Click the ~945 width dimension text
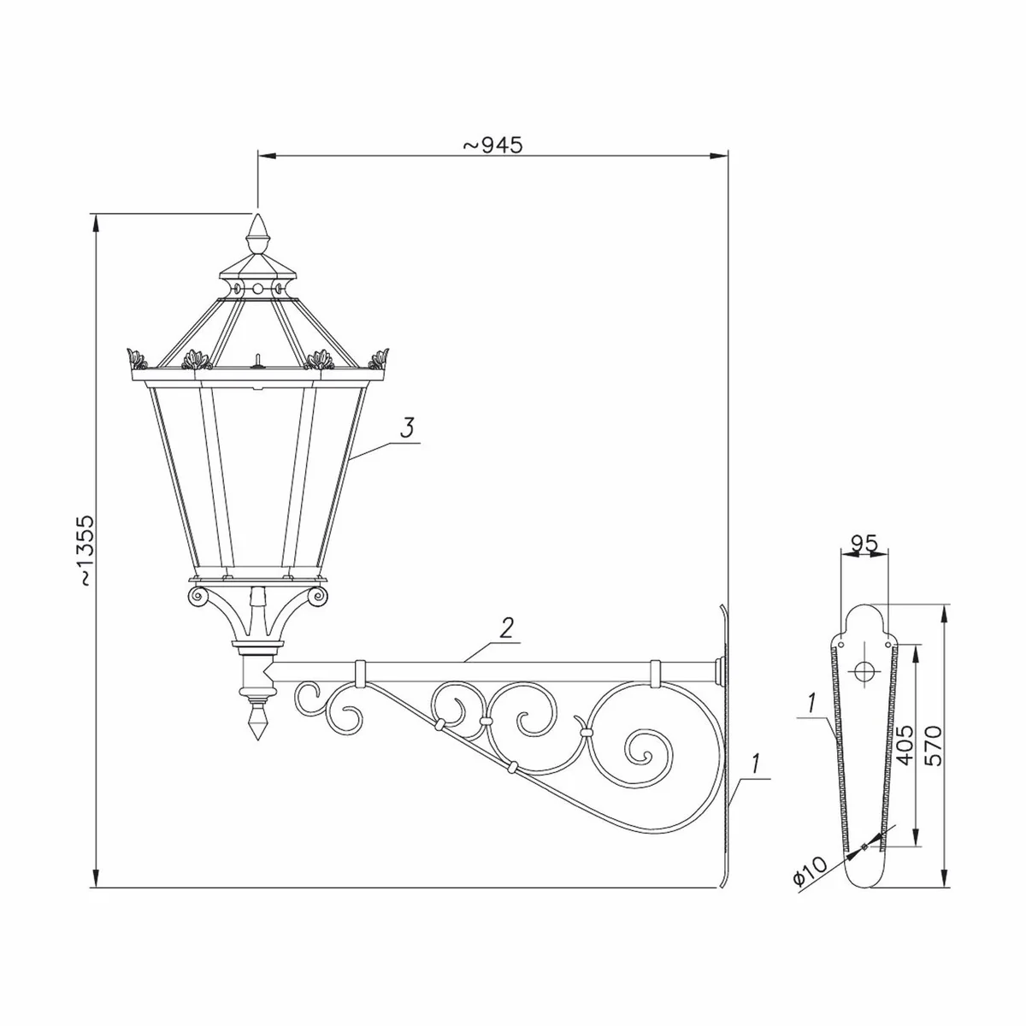point(492,145)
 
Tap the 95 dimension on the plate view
point(864,543)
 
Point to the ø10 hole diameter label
point(810,872)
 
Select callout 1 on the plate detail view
point(809,703)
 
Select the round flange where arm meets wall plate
point(720,669)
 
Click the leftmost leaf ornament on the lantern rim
point(133,356)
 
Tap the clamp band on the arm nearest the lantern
point(360,672)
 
